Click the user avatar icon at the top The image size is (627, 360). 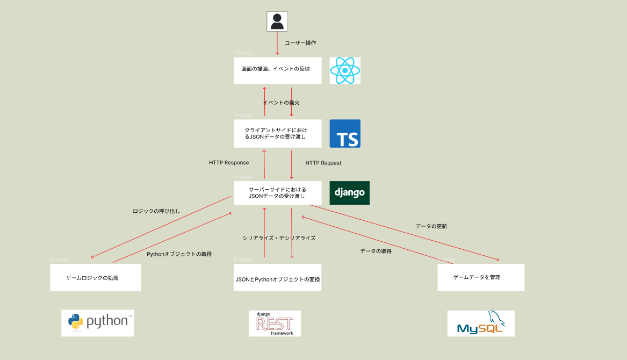[x=277, y=21]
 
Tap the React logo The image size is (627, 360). [x=345, y=70]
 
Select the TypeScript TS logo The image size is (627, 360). [x=345, y=133]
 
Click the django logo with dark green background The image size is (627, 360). [x=349, y=193]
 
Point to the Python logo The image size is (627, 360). [x=97, y=323]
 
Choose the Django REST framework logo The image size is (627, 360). [x=275, y=323]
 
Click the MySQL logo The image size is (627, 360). [x=481, y=323]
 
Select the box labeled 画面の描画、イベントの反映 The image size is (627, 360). [x=277, y=70]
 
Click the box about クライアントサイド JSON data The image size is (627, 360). [x=277, y=133]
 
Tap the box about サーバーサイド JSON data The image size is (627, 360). [x=277, y=193]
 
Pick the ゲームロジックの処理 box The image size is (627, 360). [x=95, y=277]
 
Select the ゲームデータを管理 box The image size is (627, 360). [x=480, y=277]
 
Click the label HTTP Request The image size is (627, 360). [x=323, y=163]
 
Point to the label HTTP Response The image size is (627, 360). [x=229, y=163]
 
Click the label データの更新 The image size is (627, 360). [x=431, y=226]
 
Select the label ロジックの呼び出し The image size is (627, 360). [x=156, y=211]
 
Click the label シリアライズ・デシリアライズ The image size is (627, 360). [x=278, y=237]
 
